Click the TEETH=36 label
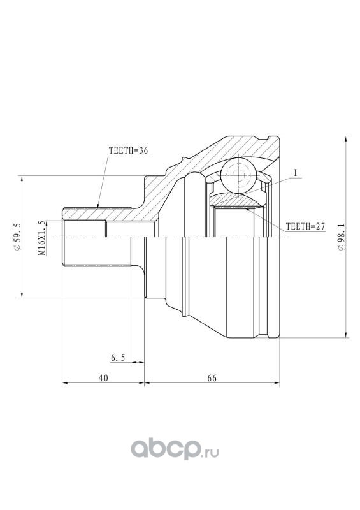click(128, 150)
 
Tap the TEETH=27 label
click(305, 226)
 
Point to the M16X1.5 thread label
click(41, 238)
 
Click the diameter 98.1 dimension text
click(341, 237)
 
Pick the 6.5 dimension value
click(118, 358)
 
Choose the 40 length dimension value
click(103, 378)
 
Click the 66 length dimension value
click(212, 378)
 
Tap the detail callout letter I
click(296, 173)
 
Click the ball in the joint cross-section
click(238, 176)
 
